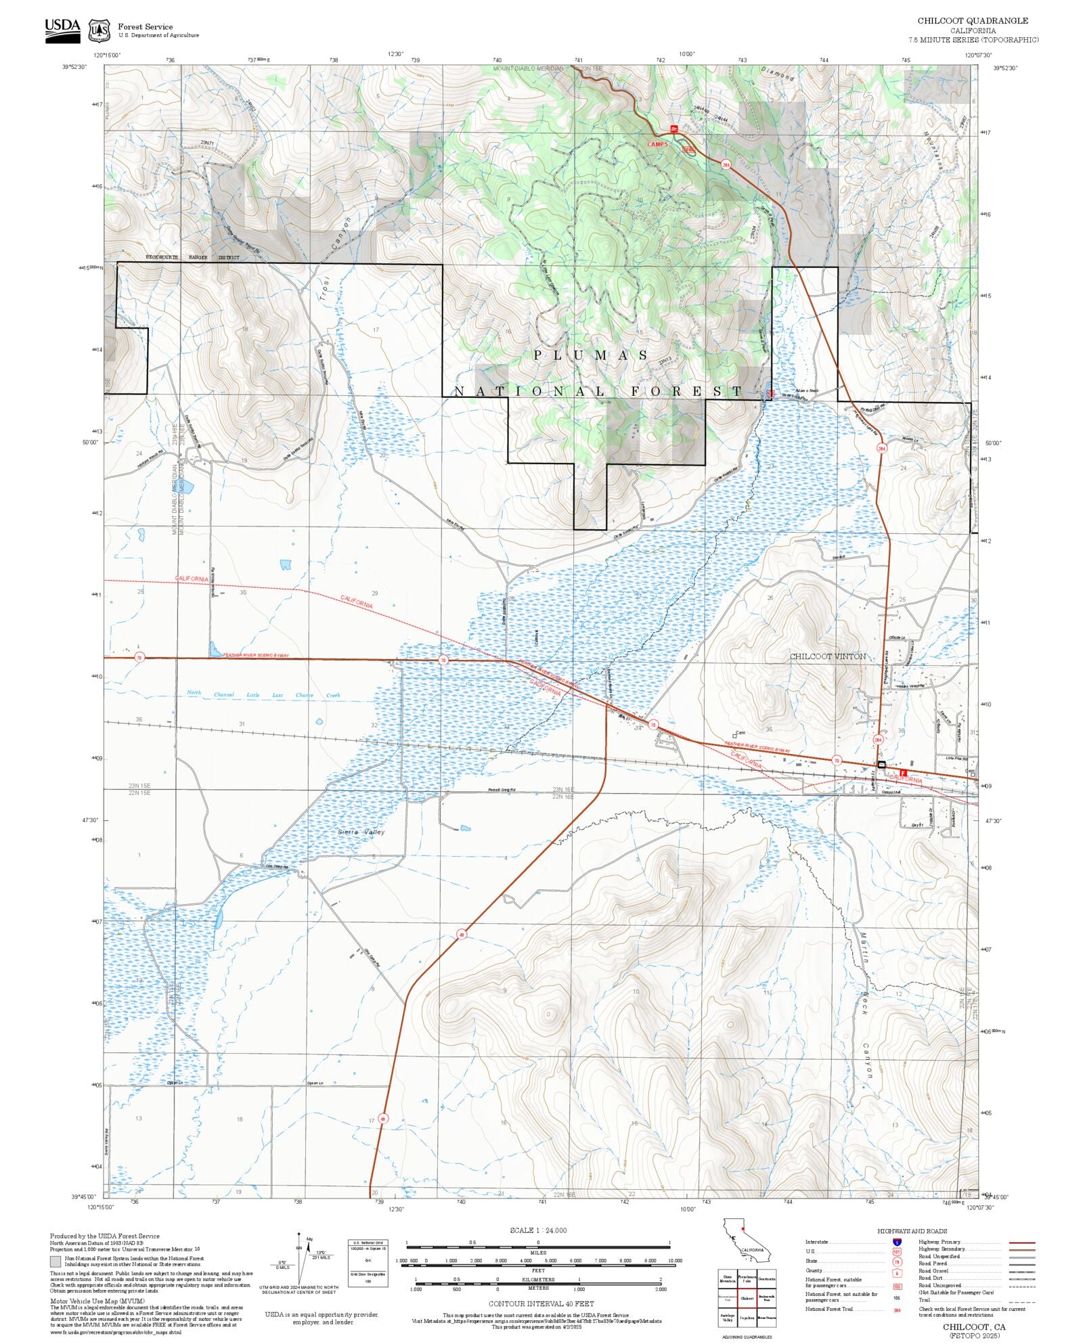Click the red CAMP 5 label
point(657,144)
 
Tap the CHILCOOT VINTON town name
point(827,656)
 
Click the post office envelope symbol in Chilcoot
point(881,764)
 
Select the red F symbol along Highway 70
point(903,772)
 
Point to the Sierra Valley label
point(361,832)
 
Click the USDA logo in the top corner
point(62,30)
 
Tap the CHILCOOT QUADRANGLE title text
point(972,21)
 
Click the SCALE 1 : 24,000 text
point(538,1230)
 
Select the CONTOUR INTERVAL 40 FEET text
point(541,1303)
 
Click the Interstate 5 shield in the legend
point(897,1242)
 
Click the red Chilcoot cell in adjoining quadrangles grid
point(747,1298)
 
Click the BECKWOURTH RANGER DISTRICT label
point(193,258)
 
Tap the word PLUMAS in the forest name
point(591,355)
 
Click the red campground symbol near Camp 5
point(673,128)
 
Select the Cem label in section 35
point(740,733)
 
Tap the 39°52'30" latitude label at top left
point(74,67)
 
